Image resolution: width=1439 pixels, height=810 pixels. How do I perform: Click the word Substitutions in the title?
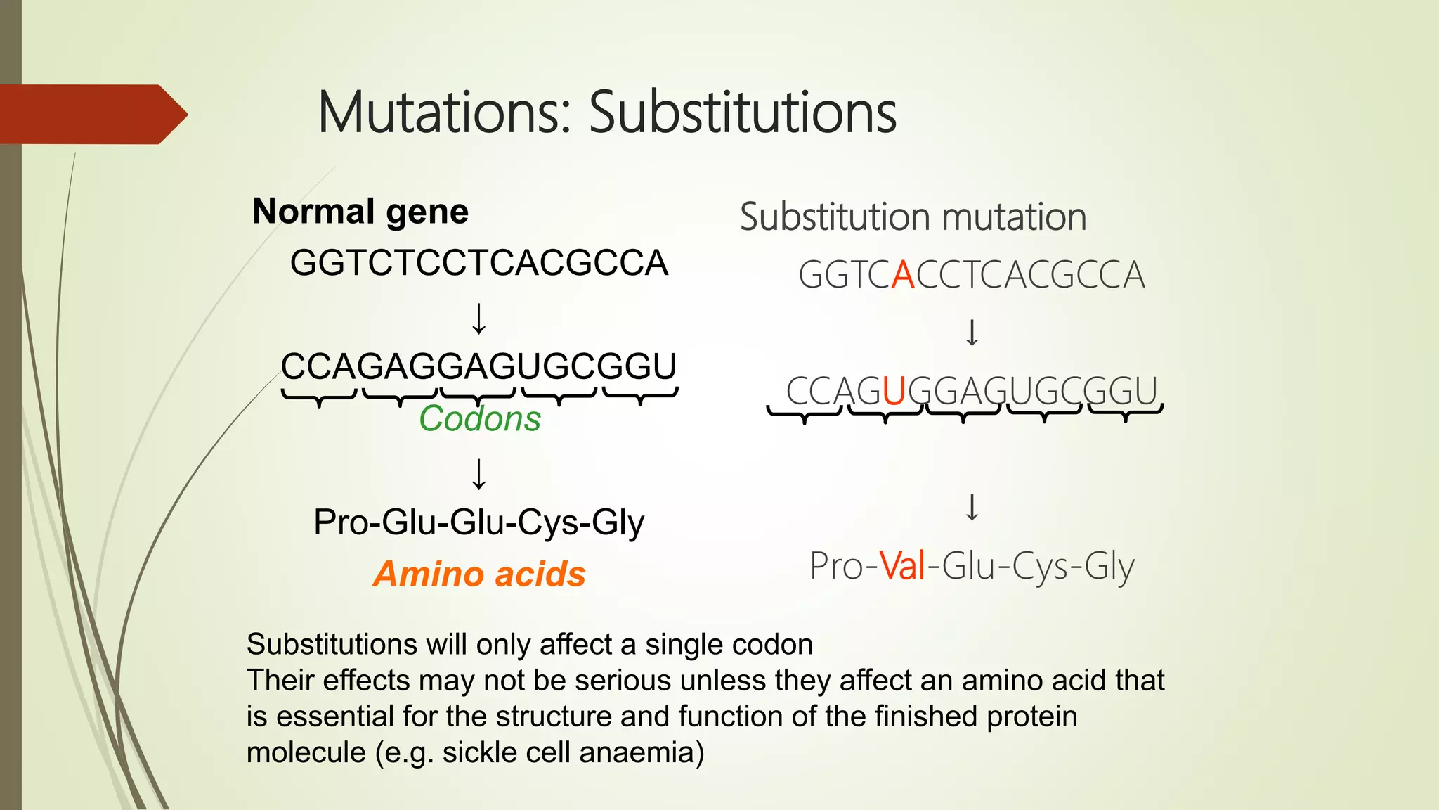coord(742,112)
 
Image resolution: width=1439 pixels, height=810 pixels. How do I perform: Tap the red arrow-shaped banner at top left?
coord(91,114)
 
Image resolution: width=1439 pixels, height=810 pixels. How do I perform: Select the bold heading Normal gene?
coord(360,211)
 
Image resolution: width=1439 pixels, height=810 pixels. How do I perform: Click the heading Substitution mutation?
coord(913,217)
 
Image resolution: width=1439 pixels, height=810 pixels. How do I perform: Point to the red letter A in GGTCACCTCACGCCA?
coord(903,275)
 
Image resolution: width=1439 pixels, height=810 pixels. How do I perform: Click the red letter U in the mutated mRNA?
coord(894,391)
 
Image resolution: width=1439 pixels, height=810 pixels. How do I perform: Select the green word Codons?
coord(480,419)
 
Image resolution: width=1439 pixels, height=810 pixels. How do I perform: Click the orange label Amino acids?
coord(479,574)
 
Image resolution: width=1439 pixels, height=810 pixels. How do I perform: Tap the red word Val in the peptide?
coord(902,565)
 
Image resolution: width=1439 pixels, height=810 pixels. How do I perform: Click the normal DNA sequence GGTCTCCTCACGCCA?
coord(478,262)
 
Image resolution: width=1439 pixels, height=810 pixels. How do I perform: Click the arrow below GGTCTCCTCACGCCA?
coord(478,319)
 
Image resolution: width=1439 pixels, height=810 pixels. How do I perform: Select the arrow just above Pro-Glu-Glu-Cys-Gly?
coord(478,474)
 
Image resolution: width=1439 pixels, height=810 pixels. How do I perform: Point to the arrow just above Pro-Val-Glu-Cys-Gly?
coord(972,507)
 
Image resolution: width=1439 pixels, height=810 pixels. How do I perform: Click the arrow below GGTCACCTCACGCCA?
coord(972,333)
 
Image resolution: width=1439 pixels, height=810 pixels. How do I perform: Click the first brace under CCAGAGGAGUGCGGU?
coord(319,398)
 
